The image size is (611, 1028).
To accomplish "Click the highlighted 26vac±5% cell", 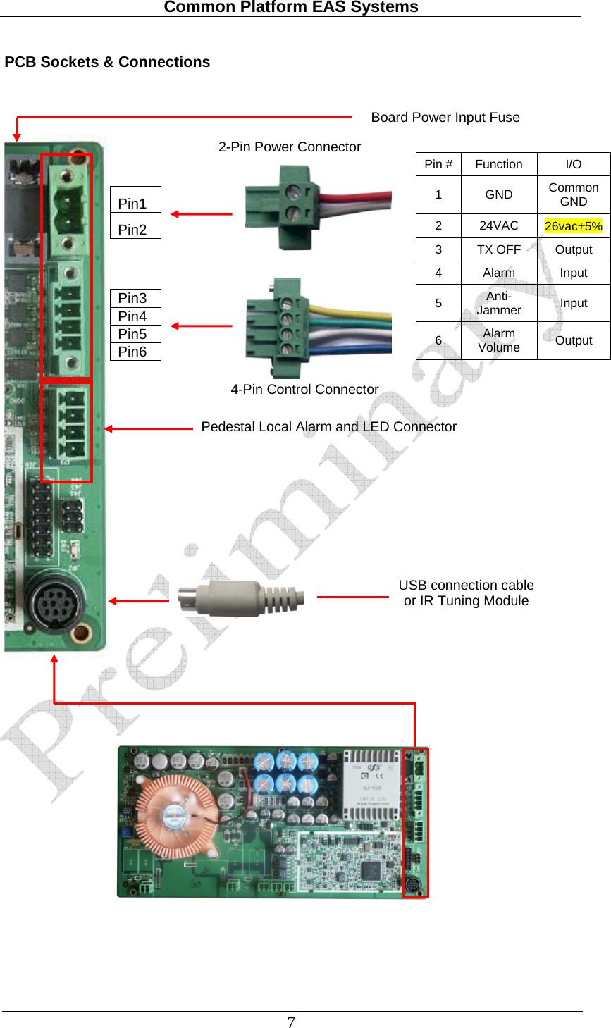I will pyautogui.click(x=573, y=226).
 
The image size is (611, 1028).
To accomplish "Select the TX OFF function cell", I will pyautogui.click(x=498, y=249).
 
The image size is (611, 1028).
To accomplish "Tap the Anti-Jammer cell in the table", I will pyautogui.click(x=498, y=303).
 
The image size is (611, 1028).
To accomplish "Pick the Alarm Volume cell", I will pyautogui.click(x=498, y=340).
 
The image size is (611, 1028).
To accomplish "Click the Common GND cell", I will pyautogui.click(x=573, y=194).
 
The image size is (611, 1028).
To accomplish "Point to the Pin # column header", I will pyautogui.click(x=438, y=164).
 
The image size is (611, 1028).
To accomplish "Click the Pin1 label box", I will pyautogui.click(x=135, y=203).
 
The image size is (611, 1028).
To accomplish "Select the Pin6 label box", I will pyautogui.click(x=135, y=352).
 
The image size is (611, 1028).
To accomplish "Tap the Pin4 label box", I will pyautogui.click(x=135, y=316).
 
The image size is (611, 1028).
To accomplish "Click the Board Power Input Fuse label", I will pyautogui.click(x=445, y=118).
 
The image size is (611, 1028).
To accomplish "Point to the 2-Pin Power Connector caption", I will pyautogui.click(x=289, y=147).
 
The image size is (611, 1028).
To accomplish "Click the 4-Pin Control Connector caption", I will pyautogui.click(x=304, y=390).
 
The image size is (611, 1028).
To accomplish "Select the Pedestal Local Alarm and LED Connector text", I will pyautogui.click(x=328, y=427).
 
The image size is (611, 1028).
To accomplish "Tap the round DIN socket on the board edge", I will pyautogui.click(x=55, y=604).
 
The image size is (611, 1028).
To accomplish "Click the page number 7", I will pyautogui.click(x=291, y=1022).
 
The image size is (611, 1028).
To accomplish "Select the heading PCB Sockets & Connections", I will pyautogui.click(x=107, y=62).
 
